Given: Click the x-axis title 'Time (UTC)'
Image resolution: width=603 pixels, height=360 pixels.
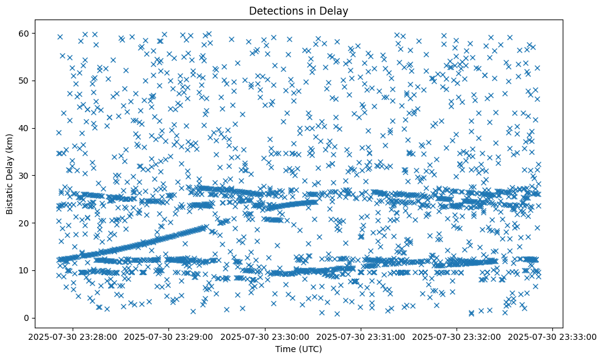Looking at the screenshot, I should pyautogui.click(x=298, y=350).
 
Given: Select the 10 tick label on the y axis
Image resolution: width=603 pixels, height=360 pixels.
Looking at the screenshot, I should pyautogui.click(x=25, y=270).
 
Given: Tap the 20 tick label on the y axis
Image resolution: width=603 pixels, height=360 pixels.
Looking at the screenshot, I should pyautogui.click(x=25, y=223).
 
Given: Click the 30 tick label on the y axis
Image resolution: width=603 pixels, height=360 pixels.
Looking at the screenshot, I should pyautogui.click(x=25, y=176).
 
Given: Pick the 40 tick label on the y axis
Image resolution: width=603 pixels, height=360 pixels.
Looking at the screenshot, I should pyautogui.click(x=25, y=128).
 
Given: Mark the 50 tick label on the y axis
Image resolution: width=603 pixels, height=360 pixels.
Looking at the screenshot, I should pyautogui.click(x=25, y=81).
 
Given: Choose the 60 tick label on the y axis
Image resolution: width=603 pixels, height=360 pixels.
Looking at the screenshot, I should pyautogui.click(x=25, y=33).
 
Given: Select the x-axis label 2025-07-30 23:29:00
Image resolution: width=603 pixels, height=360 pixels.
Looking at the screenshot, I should pyautogui.click(x=169, y=337).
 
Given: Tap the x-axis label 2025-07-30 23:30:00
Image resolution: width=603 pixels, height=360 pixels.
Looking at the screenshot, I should pyautogui.click(x=265, y=337).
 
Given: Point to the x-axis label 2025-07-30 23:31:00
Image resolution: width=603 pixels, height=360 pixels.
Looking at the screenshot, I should pyautogui.click(x=361, y=337).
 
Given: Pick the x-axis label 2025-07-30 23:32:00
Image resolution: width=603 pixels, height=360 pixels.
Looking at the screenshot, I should pyautogui.click(x=457, y=337).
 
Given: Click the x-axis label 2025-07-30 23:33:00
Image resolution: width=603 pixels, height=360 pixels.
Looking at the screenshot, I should pyautogui.click(x=553, y=337).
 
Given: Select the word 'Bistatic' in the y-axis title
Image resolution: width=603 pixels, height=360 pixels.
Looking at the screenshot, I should pyautogui.click(x=10, y=198).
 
